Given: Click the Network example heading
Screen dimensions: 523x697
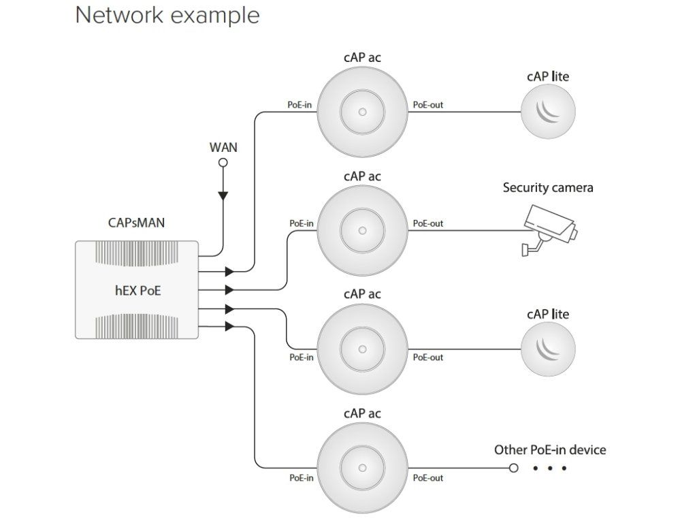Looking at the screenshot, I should (x=167, y=15).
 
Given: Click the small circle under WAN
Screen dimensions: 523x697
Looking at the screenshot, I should (x=222, y=162).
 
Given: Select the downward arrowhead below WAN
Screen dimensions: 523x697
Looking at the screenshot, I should (x=222, y=196).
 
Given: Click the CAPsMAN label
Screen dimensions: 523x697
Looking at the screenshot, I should (x=135, y=222).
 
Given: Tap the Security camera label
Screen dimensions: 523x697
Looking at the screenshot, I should (x=548, y=187).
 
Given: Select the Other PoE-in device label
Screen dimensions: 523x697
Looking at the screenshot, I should (x=549, y=449).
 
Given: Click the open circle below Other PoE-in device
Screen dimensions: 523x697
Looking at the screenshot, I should (x=514, y=469).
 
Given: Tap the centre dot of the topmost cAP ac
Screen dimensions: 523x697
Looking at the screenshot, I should (x=362, y=111).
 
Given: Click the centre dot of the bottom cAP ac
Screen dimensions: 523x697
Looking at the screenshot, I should (x=362, y=469).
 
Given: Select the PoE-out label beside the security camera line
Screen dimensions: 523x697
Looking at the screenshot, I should (x=428, y=223).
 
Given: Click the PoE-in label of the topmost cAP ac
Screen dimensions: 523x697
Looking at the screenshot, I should (x=300, y=105).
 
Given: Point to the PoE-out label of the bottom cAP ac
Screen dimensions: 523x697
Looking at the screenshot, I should (x=428, y=478).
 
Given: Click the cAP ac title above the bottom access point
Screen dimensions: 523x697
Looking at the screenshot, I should (x=362, y=413).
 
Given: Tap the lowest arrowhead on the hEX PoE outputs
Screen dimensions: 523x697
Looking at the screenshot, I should (x=229, y=327).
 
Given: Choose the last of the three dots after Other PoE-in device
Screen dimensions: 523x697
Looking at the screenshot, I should (x=564, y=469).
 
